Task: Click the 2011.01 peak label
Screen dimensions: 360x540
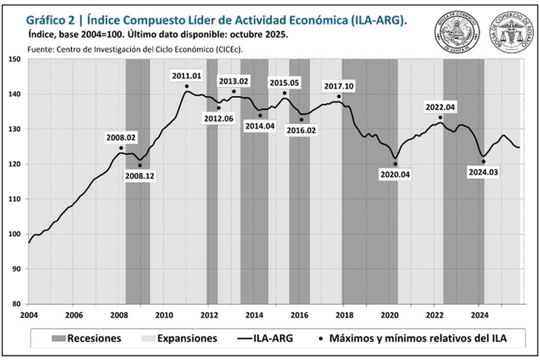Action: [x=187, y=76]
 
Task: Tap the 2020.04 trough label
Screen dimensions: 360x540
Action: [x=395, y=174]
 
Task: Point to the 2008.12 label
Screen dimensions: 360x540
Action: [x=140, y=176]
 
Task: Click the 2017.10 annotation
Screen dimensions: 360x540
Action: [x=338, y=87]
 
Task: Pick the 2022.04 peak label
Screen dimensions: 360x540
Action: [x=440, y=107]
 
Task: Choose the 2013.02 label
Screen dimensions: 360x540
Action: [x=233, y=81]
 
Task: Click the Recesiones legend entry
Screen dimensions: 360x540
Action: [x=86, y=338]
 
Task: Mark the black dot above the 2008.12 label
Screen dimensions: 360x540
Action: [x=140, y=166]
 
